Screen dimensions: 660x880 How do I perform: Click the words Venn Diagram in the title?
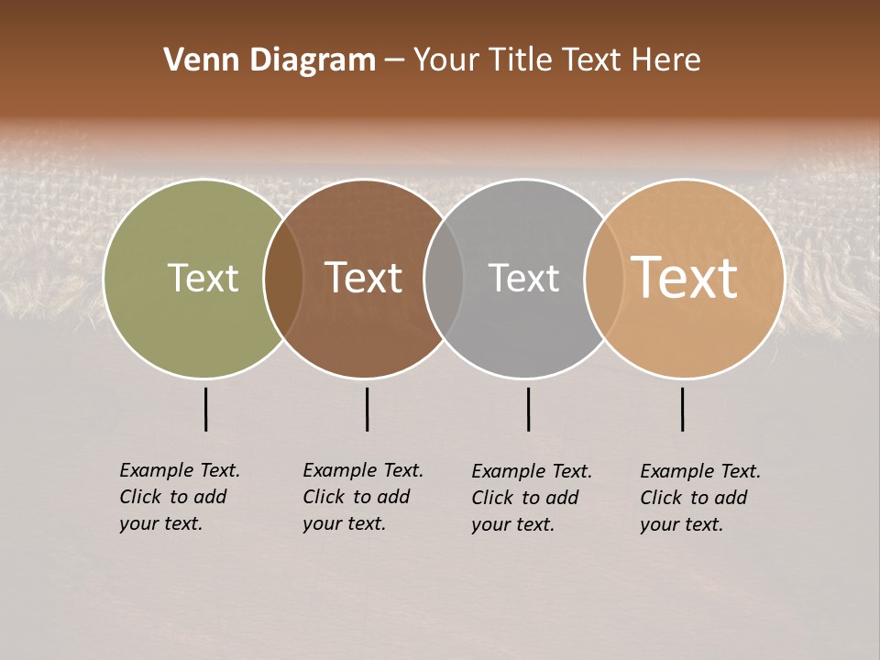click(269, 60)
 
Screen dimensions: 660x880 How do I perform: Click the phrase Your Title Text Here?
click(556, 60)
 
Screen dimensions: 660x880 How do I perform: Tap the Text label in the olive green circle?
click(203, 279)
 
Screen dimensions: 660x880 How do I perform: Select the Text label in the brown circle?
click(364, 279)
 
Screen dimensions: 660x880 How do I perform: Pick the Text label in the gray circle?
click(523, 279)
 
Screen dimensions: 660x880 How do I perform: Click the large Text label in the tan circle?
click(685, 279)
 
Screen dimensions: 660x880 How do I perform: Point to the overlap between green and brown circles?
click(283, 279)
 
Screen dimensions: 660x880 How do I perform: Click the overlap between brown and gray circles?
click(444, 279)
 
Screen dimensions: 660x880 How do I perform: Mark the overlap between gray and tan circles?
click(604, 279)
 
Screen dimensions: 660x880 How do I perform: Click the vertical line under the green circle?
click(206, 409)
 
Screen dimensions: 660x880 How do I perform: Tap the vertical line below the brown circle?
click(367, 409)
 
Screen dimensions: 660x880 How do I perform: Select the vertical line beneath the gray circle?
click(528, 409)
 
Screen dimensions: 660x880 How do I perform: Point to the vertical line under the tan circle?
click(683, 409)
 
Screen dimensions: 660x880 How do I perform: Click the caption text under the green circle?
click(180, 497)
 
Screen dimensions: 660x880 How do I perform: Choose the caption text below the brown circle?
click(363, 497)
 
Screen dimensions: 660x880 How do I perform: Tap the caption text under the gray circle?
click(532, 498)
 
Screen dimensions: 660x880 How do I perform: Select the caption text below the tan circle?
click(700, 498)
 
